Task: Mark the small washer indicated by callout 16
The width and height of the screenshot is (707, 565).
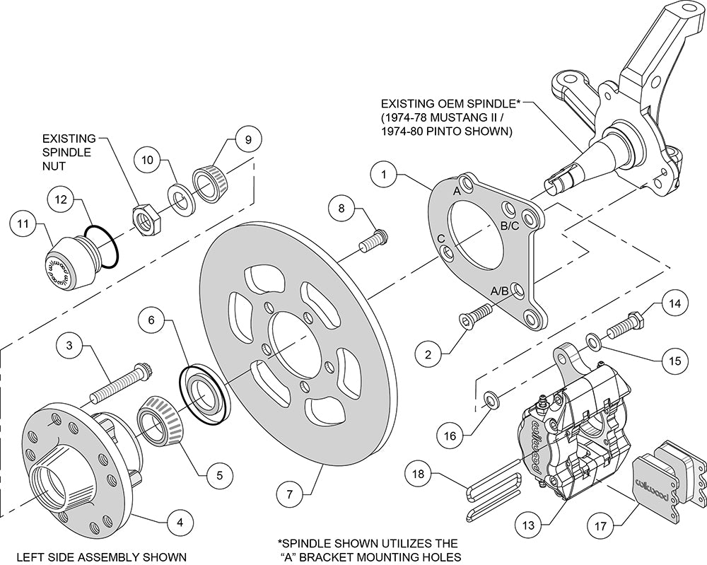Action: pos(489,401)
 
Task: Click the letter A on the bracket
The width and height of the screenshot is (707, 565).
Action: pos(457,191)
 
